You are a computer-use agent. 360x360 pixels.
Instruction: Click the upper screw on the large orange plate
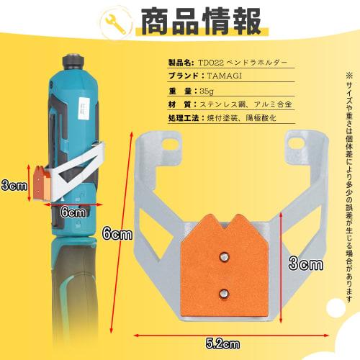click(x=223, y=254)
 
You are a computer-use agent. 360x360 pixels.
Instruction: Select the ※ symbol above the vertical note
click(x=349, y=75)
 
